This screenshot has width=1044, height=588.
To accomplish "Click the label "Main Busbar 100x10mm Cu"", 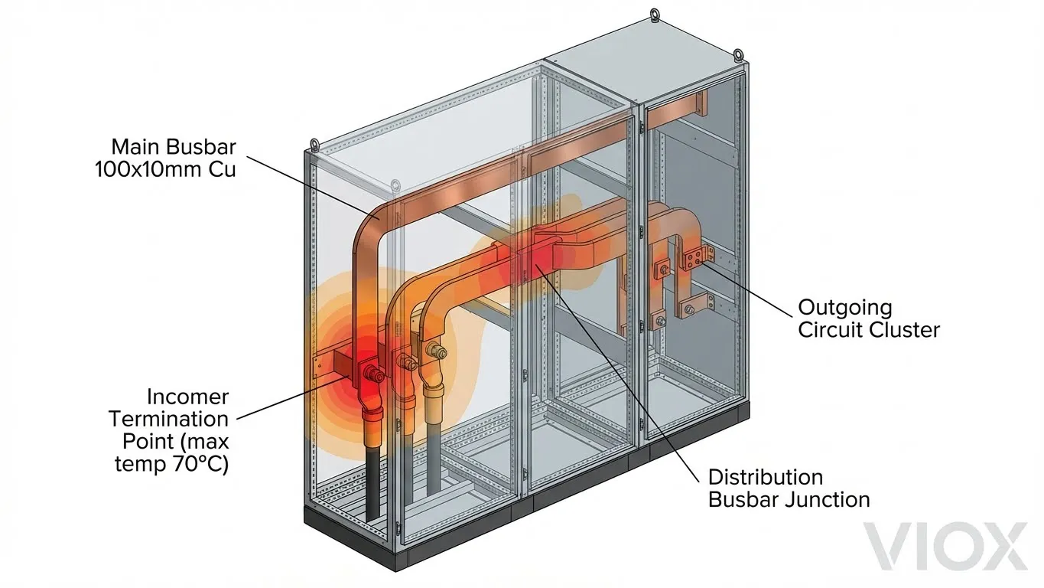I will click(165, 158).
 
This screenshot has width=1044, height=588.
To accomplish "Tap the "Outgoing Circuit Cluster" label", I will click(868, 318).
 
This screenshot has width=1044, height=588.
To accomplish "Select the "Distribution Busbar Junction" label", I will click(788, 488).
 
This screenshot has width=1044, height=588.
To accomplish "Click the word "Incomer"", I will click(187, 397).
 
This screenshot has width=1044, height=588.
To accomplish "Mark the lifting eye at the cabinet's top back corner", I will click(655, 14).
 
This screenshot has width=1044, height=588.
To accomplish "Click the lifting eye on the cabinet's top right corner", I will click(738, 54).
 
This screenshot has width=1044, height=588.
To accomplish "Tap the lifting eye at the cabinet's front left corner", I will click(314, 145).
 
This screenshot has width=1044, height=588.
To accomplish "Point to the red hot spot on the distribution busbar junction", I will click(535, 256).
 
